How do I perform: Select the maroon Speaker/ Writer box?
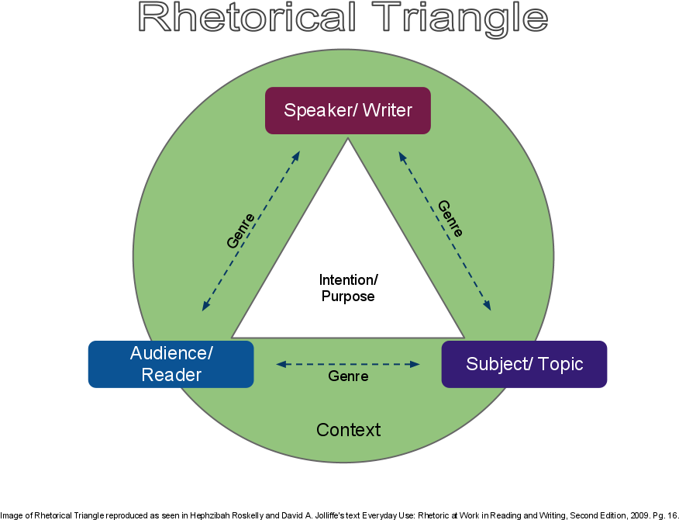pos(347,110)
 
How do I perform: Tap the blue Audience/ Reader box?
pos(171,364)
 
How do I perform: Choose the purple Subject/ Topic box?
pos(524,364)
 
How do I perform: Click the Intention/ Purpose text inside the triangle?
pos(348,288)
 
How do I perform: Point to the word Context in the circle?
pos(348,430)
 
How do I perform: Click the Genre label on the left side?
pos(240,231)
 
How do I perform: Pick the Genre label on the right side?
pos(450,219)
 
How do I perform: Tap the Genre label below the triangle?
pos(348,376)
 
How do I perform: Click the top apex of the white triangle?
pos(348,140)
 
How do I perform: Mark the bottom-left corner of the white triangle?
pos(233,337)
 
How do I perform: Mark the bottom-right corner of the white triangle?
pos(463,337)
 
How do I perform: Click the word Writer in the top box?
pos(388,110)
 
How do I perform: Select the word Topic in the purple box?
pos(558,364)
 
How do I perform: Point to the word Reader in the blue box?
pos(171,376)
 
